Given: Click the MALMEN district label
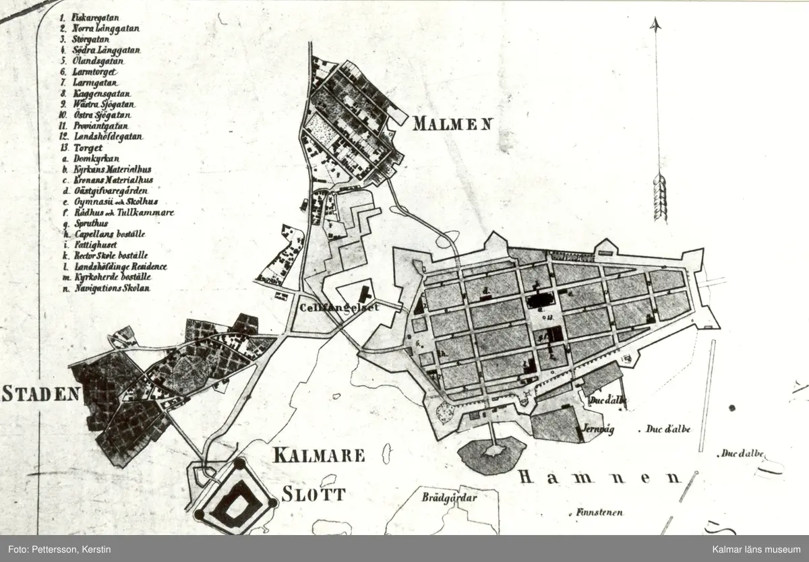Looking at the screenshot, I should [452, 124].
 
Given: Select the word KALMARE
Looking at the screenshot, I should [319, 455].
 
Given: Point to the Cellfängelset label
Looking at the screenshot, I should [338, 307].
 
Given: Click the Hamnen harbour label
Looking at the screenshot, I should [600, 478].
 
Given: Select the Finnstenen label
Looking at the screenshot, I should [599, 512].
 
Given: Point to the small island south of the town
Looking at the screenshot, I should [491, 454].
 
